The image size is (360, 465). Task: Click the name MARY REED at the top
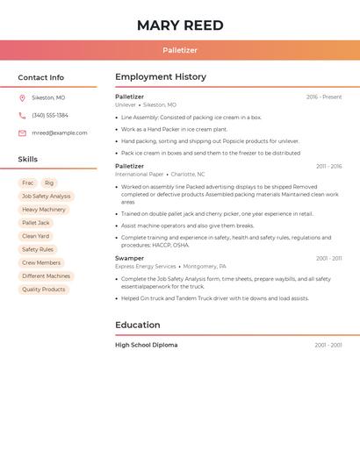point(180,25)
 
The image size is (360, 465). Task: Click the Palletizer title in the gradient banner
point(180,51)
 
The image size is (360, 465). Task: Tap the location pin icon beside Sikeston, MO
point(22,97)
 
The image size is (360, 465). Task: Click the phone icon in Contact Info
point(22,115)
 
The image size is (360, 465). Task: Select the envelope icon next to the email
point(22,133)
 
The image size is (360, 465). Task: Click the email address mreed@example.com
point(60,133)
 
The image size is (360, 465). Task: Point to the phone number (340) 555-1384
point(50,115)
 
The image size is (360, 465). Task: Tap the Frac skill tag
point(28,183)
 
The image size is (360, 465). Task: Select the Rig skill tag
point(49,183)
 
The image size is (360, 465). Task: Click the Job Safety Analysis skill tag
point(47,197)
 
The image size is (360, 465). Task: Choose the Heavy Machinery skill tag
point(44,210)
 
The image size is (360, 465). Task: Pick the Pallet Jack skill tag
point(36,223)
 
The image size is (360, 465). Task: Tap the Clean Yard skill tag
point(36,236)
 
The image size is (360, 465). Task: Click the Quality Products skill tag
point(44,290)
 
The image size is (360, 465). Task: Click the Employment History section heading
point(161,77)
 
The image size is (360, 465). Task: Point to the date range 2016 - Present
point(324,97)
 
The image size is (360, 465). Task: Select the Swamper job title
point(129,258)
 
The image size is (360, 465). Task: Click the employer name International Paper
point(139,174)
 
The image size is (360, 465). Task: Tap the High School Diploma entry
point(146,345)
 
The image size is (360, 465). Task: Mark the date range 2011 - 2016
point(328,166)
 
